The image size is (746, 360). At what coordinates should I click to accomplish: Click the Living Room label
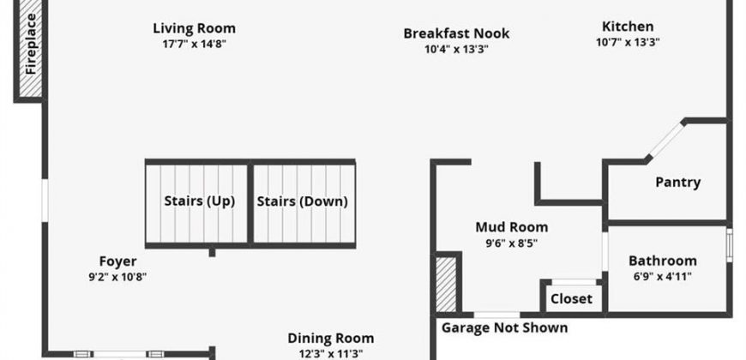[194, 28]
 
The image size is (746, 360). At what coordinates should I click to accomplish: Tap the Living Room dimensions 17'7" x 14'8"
[194, 45]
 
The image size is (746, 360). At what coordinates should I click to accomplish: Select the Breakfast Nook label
[456, 33]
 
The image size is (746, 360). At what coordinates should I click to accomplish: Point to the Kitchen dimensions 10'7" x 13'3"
[628, 42]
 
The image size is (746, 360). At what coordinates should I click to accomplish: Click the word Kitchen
[628, 27]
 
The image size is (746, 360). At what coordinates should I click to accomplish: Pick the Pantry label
[678, 183]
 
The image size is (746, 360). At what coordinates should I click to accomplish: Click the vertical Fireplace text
[31, 44]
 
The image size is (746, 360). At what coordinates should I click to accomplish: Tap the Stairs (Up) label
[200, 201]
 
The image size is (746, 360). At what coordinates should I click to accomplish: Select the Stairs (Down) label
[303, 201]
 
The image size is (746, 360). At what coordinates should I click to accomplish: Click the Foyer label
[118, 261]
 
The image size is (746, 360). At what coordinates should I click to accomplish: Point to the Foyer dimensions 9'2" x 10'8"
[117, 277]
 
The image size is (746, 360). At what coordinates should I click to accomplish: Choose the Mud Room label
[511, 227]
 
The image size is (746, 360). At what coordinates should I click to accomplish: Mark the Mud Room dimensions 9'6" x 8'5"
[511, 243]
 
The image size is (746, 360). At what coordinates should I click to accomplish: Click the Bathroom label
[663, 261]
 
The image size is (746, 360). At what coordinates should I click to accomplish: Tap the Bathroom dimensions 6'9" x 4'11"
[662, 277]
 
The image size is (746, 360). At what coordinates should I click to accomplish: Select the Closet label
[571, 299]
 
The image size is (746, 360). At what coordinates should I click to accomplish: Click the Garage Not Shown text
[505, 327]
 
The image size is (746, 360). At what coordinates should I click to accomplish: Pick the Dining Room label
[331, 339]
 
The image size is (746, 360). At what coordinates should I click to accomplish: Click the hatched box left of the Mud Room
[446, 285]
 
